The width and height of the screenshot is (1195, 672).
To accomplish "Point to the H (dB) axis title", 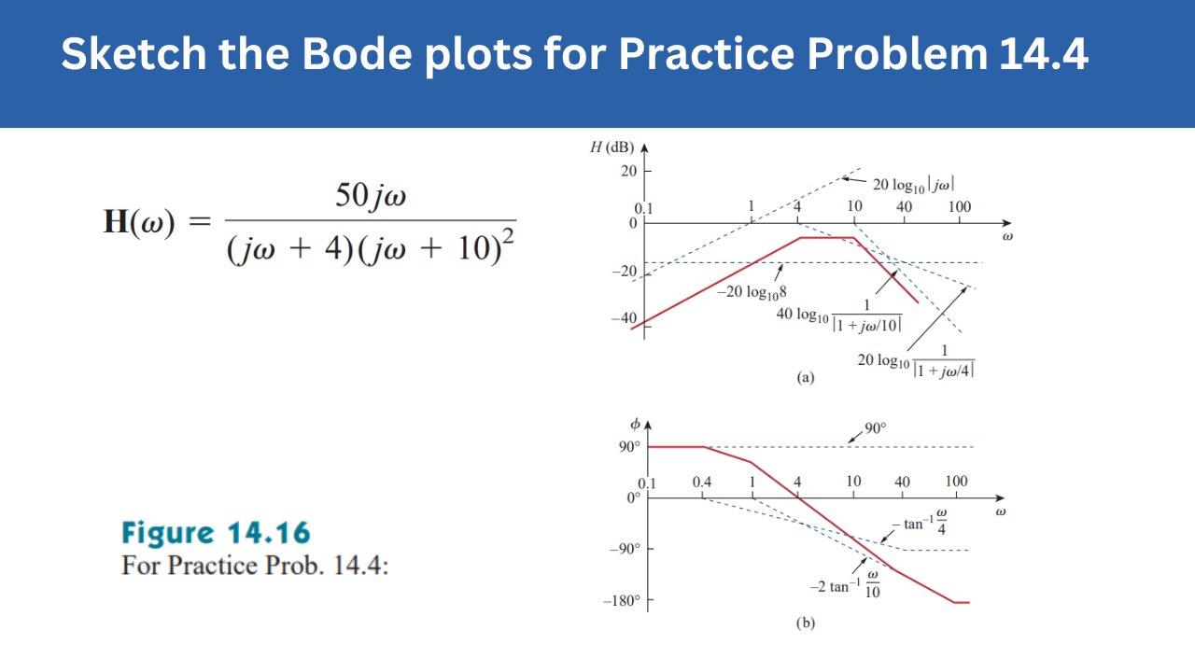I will click(x=612, y=147).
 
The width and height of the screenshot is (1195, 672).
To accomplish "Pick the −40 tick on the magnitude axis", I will click(x=623, y=319).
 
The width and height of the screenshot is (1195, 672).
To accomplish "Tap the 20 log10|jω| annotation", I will click(x=912, y=185).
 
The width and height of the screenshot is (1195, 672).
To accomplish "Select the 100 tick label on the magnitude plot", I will click(x=959, y=206).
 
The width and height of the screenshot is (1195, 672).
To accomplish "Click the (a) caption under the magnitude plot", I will click(x=805, y=378).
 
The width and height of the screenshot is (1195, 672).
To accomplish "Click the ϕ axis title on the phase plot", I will click(x=636, y=425).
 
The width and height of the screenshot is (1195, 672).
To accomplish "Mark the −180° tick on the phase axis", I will click(x=621, y=600).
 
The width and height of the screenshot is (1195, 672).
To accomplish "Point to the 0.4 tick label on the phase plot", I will click(x=702, y=482).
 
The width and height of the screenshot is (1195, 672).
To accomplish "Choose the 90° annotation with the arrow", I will click(x=875, y=428).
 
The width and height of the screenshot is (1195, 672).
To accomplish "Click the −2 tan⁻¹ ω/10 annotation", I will click(x=845, y=585).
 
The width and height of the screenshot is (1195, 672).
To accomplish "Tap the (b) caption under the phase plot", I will click(x=805, y=623).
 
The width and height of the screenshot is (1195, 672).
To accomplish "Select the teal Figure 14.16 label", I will click(x=216, y=533).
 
